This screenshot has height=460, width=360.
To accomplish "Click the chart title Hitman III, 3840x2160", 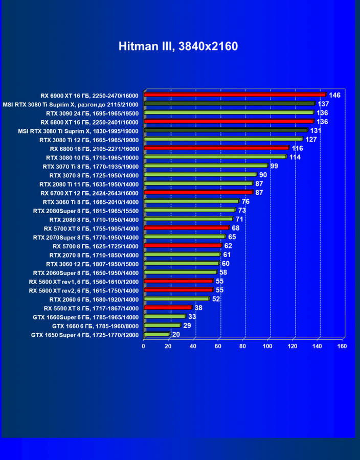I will [178, 47].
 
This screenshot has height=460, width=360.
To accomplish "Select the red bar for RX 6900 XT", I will [235, 95].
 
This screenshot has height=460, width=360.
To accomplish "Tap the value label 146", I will [334, 95].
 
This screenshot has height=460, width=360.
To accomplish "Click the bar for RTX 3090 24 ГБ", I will [229, 113].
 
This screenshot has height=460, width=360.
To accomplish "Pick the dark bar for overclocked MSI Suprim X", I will [229, 104].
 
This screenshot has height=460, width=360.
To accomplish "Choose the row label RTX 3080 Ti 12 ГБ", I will [88, 140].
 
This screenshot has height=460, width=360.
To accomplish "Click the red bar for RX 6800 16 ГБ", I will [216, 148].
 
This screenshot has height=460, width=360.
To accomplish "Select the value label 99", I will [274, 166].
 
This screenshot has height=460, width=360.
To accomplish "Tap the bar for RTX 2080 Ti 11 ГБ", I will [198, 183].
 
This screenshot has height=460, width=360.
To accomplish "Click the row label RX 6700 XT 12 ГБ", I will [89, 193].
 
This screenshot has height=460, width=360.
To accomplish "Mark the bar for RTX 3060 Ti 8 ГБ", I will [191, 201].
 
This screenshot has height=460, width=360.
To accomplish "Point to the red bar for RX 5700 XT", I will [186, 228].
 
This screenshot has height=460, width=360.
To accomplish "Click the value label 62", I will [228, 246].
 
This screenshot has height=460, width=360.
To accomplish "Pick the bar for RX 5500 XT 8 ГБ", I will [168, 308].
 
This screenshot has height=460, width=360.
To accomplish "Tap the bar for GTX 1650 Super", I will [156, 335].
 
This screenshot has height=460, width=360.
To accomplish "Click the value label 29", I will [187, 326].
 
